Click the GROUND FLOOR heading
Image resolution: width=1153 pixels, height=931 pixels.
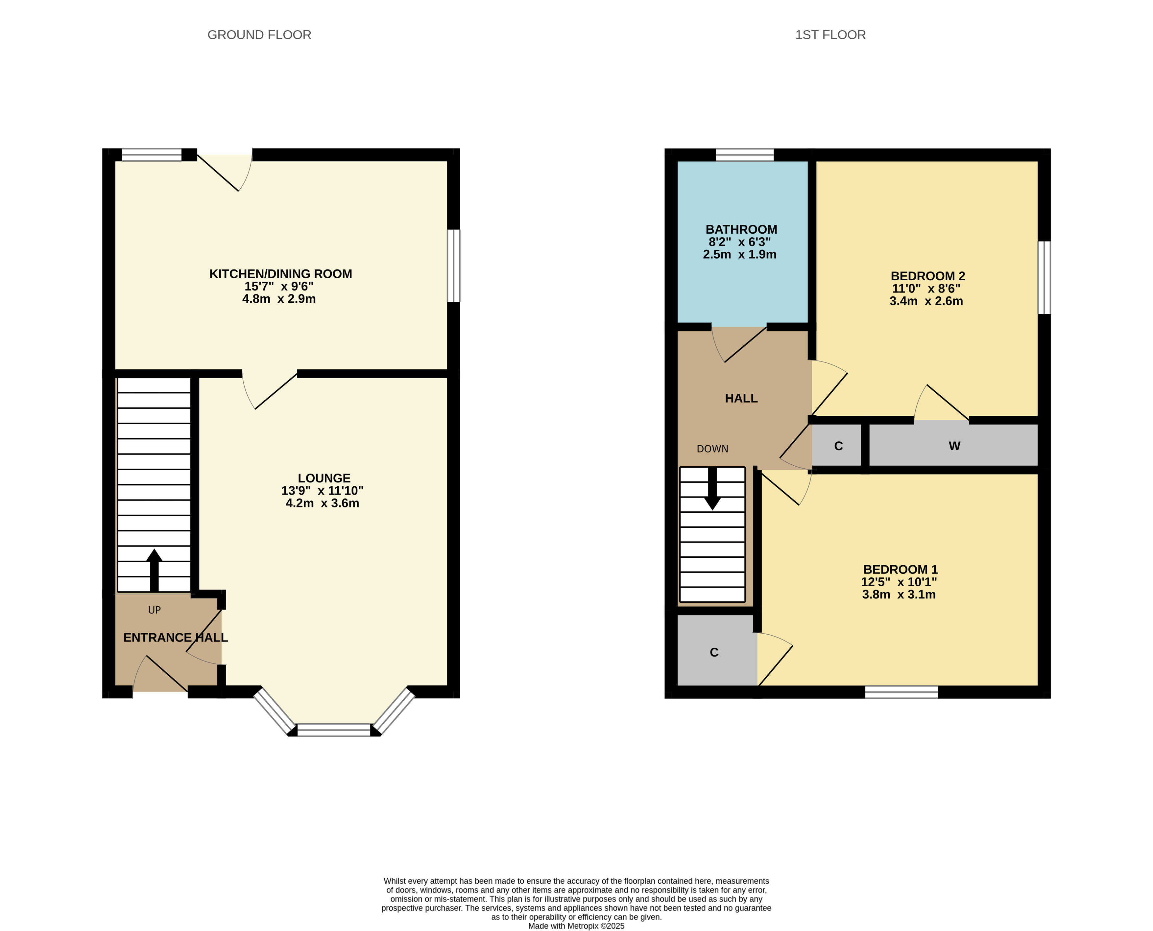pyautogui.click(x=259, y=35)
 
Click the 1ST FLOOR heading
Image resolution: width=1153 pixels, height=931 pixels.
pyautogui.click(x=830, y=35)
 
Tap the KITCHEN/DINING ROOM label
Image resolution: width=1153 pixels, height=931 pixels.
pyautogui.click(x=280, y=274)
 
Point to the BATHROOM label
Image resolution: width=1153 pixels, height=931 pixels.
pyautogui.click(x=741, y=229)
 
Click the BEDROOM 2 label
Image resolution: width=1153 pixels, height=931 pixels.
pyautogui.click(x=928, y=276)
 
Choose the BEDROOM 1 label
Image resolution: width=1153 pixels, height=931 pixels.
pyautogui.click(x=900, y=570)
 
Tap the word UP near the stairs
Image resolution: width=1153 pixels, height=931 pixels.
pyautogui.click(x=155, y=610)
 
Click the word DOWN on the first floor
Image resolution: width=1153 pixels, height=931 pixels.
pyautogui.click(x=712, y=449)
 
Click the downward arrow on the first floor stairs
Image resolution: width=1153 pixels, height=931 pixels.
pyautogui.click(x=712, y=489)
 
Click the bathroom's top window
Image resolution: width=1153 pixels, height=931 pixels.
pyautogui.click(x=745, y=155)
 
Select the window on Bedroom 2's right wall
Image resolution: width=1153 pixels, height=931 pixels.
pyautogui.click(x=1044, y=278)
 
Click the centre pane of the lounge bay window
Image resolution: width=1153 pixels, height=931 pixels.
pyautogui.click(x=334, y=730)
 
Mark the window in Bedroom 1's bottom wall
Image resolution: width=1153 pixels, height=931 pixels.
pyautogui.click(x=901, y=692)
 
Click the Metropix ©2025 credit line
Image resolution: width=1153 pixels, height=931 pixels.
pyautogui.click(x=576, y=926)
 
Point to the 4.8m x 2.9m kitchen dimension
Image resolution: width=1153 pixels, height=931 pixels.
pyautogui.click(x=279, y=299)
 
